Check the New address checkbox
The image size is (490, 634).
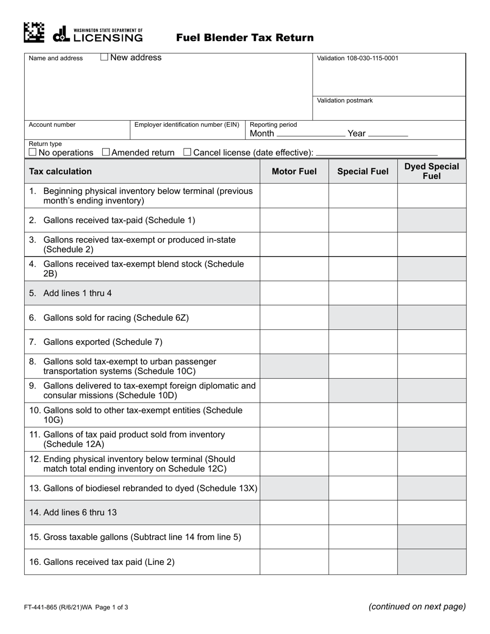(104, 58)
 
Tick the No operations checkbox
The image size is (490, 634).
(33, 152)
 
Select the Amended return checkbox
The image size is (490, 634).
(106, 152)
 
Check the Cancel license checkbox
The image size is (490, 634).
(187, 152)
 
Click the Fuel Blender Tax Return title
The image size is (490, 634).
(245, 38)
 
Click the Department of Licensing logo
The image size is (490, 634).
(98, 34)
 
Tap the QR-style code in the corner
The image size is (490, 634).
(34, 32)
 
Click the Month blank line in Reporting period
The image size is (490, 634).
(311, 135)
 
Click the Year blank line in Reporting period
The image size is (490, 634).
(388, 135)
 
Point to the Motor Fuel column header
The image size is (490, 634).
(294, 172)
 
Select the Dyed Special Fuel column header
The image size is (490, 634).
(432, 172)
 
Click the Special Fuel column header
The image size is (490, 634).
(363, 172)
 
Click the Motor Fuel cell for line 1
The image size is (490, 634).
(294, 196)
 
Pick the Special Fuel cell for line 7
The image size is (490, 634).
(363, 342)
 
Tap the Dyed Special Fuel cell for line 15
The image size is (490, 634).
(432, 537)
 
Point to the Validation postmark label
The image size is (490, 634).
(345, 101)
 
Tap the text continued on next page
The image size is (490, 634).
(417, 607)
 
